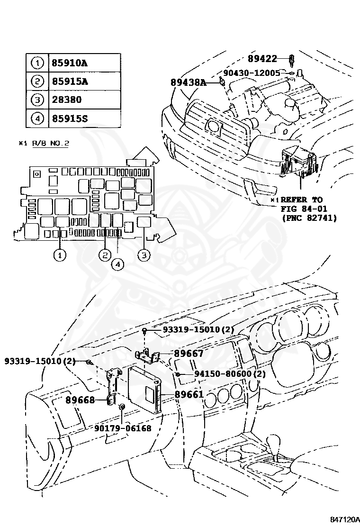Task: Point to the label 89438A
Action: (189, 82)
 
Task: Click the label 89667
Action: (189, 354)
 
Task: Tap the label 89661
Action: (189, 394)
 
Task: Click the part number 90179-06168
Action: (123, 428)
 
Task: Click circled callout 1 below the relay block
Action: (59, 255)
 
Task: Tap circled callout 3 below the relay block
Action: (144, 255)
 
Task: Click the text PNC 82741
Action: (309, 218)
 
